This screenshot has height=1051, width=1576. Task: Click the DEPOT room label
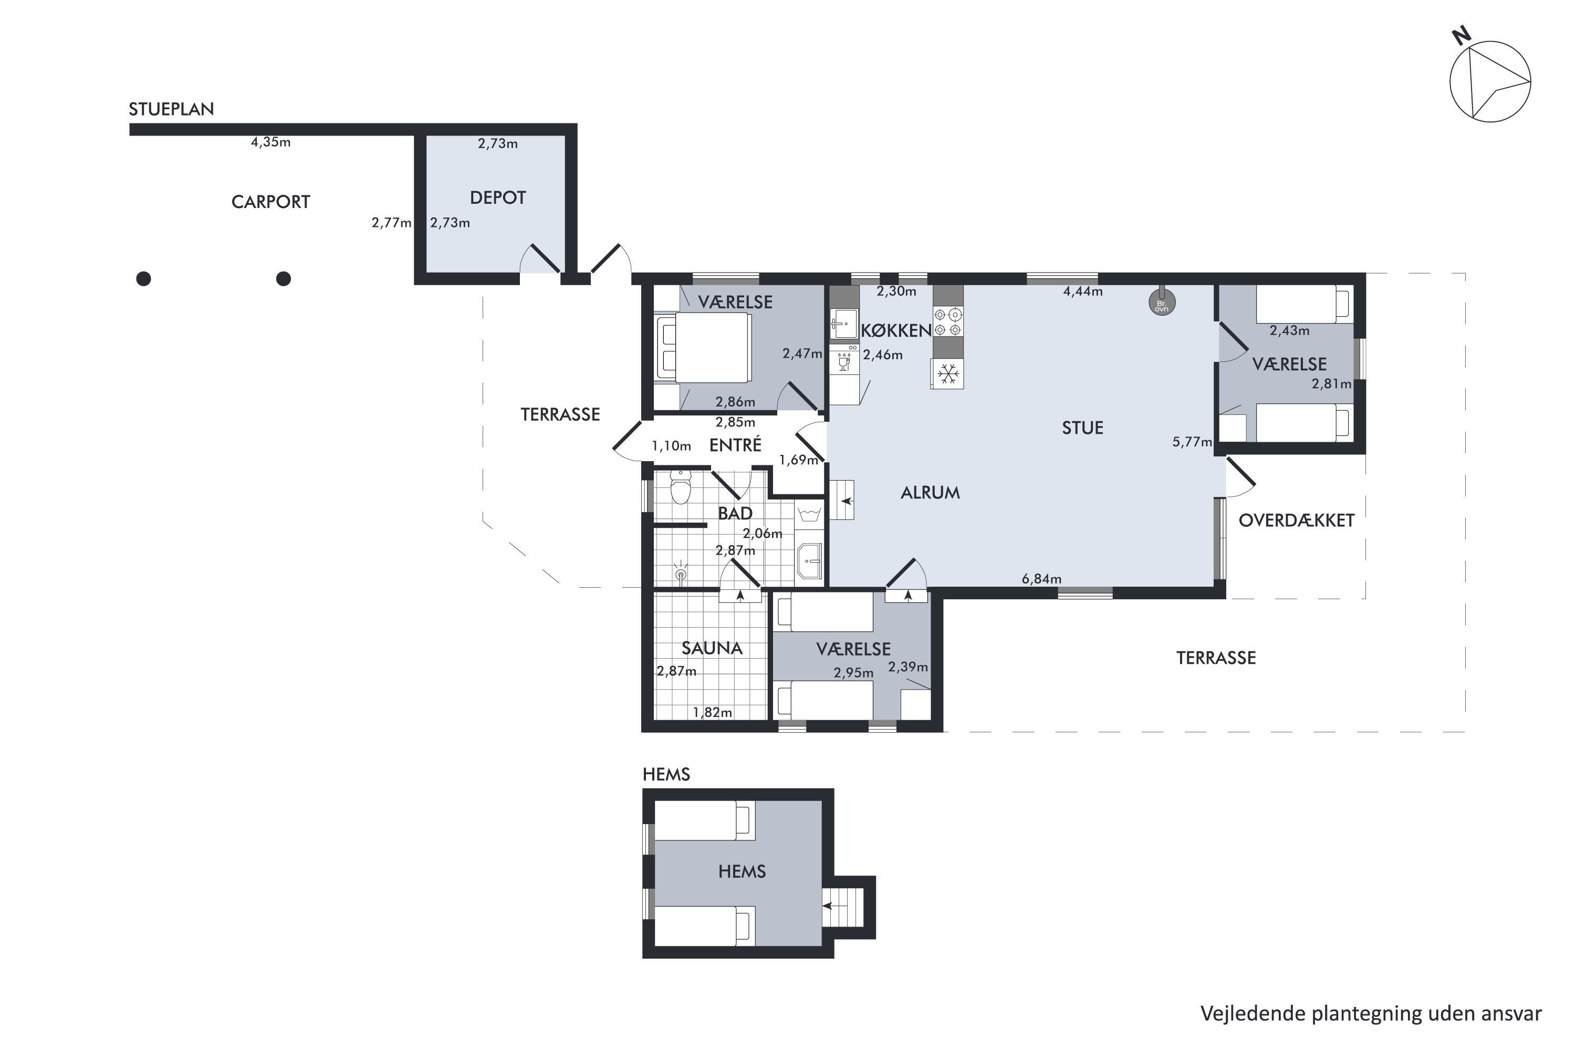pyautogui.click(x=498, y=197)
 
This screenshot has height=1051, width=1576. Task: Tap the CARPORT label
pyautogui.click(x=270, y=202)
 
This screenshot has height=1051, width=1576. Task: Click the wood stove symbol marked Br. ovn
pyautogui.click(x=1162, y=303)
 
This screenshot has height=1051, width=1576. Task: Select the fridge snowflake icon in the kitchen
pyautogui.click(x=947, y=373)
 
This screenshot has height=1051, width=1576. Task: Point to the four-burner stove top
pyautogui.click(x=948, y=322)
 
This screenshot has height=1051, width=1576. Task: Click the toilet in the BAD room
pyautogui.click(x=681, y=487)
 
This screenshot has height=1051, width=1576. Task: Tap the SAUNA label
pyautogui.click(x=712, y=648)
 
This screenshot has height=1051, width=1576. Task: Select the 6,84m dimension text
pyautogui.click(x=1041, y=578)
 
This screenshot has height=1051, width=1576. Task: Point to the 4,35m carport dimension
pyautogui.click(x=270, y=142)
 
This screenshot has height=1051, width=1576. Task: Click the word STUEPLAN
pyautogui.click(x=172, y=109)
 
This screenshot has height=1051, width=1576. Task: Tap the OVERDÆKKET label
pyautogui.click(x=1297, y=520)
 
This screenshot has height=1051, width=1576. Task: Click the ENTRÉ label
pyautogui.click(x=735, y=444)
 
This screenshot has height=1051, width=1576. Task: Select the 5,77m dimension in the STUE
pyautogui.click(x=1192, y=442)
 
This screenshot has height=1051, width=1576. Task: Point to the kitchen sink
pyautogui.click(x=843, y=325)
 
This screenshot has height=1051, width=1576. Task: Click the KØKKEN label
pyautogui.click(x=896, y=330)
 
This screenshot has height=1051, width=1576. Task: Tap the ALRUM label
pyautogui.click(x=930, y=493)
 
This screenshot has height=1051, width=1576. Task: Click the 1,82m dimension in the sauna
pyautogui.click(x=712, y=713)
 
